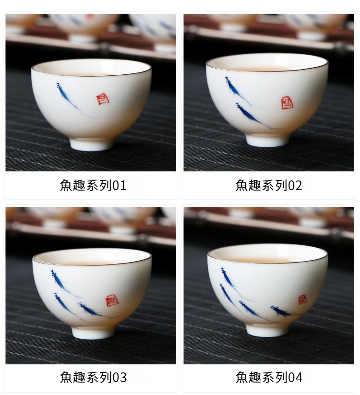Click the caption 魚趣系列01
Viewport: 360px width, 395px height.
(93, 185)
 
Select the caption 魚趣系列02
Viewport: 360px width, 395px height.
(268, 185)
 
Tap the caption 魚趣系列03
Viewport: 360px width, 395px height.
(93, 377)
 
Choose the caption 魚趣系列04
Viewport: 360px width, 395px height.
(269, 377)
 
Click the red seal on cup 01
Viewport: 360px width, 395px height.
(103, 99)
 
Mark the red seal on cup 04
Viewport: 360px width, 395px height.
(302, 300)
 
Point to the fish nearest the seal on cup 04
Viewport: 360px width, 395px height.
(283, 311)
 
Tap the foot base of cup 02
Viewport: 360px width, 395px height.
(267, 140)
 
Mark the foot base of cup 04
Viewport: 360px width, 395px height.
(267, 330)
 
